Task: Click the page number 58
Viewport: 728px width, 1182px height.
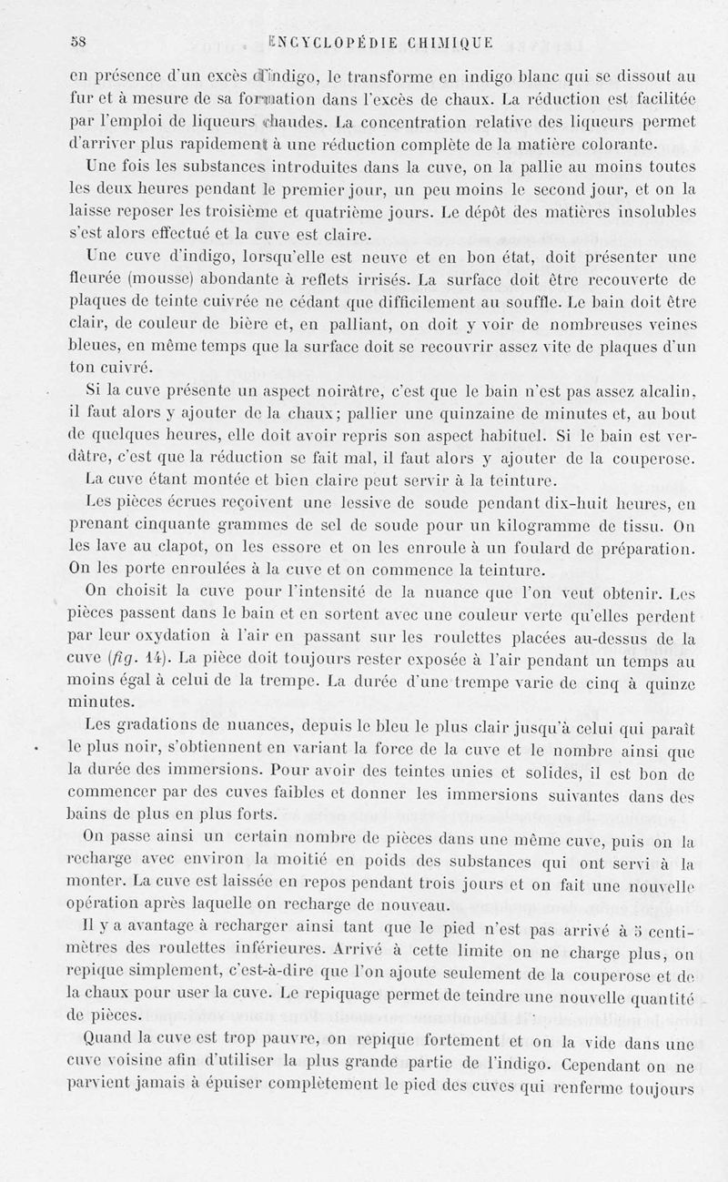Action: pos(78,41)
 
